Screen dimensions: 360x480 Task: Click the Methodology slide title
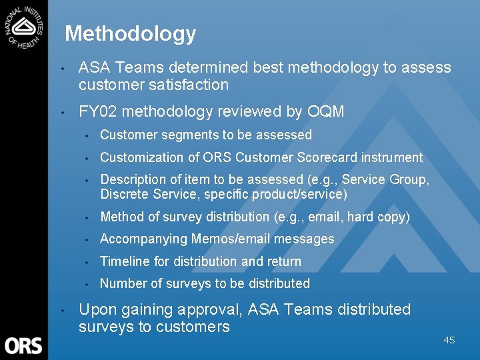(x=131, y=33)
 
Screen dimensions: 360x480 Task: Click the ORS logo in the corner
(x=23, y=345)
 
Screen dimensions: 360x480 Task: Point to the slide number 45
(x=449, y=340)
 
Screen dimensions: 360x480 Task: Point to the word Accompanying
(x=143, y=239)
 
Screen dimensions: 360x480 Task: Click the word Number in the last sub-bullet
(x=122, y=283)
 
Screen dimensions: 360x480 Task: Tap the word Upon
(x=96, y=309)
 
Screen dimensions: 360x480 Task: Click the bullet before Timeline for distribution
(x=87, y=262)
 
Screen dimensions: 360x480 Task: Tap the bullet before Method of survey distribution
(x=87, y=217)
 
